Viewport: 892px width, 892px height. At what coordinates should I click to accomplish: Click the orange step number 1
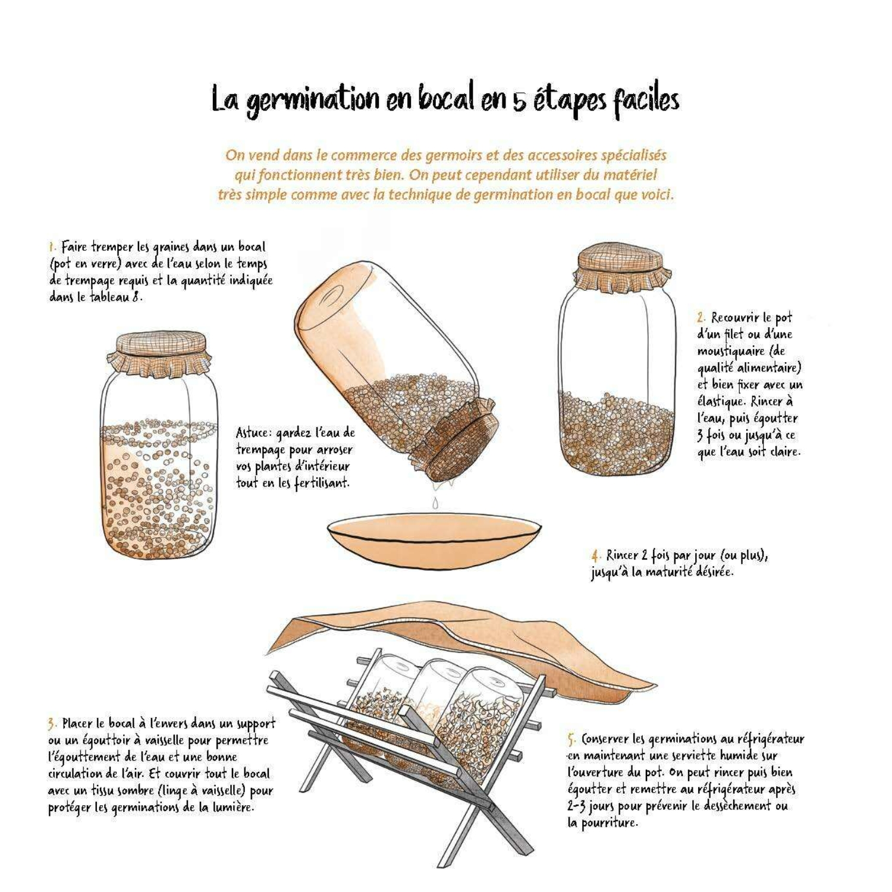[52, 247]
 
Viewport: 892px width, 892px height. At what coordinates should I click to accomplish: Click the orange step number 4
[596, 556]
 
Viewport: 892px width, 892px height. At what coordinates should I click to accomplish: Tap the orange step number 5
[571, 740]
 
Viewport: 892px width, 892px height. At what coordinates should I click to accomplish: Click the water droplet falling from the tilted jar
[435, 503]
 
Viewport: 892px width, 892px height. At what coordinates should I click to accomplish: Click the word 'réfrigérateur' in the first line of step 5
[771, 739]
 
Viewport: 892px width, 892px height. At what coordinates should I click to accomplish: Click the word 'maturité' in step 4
[687, 573]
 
